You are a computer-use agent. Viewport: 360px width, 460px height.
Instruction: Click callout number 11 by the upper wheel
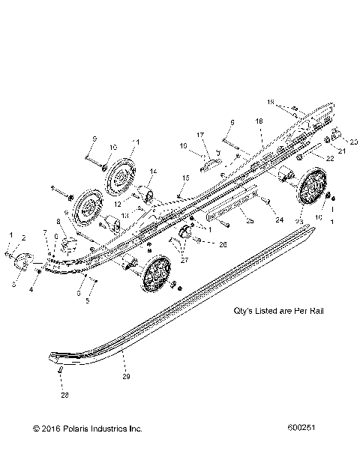point(136,141)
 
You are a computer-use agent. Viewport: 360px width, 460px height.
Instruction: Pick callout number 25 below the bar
point(249,222)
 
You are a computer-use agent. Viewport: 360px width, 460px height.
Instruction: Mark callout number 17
point(200,135)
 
